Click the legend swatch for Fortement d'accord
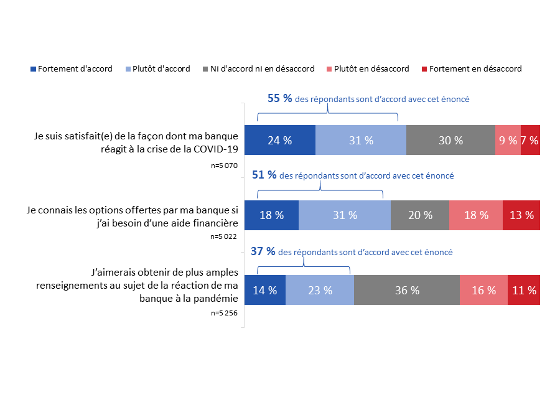pyautogui.click(x=34, y=69)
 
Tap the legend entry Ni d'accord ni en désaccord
pyautogui.click(x=261, y=69)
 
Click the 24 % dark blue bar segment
pyautogui.click(x=279, y=140)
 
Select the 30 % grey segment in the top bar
pyautogui.click(x=450, y=140)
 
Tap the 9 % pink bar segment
pyautogui.click(x=508, y=140)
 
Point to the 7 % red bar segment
pyautogui.click(x=530, y=140)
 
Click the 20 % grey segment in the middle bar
pyautogui.click(x=420, y=215)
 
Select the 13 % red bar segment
pyautogui.click(x=521, y=215)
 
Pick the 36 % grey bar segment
pyautogui.click(x=407, y=290)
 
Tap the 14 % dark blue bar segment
pyautogui.click(x=265, y=290)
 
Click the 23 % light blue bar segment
pyautogui.click(x=320, y=290)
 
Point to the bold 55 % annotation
pyautogui.click(x=279, y=98)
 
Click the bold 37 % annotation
pyautogui.click(x=263, y=252)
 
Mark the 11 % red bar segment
pyautogui.click(x=524, y=290)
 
